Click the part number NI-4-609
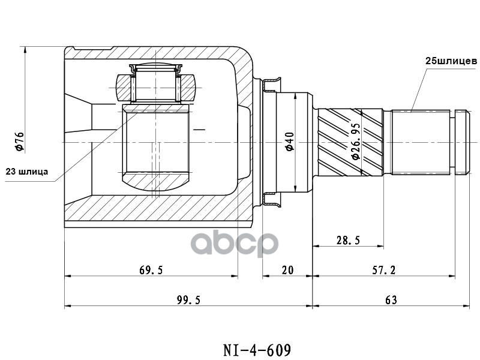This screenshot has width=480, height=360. [x=257, y=350]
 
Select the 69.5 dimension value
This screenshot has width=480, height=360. [x=151, y=270]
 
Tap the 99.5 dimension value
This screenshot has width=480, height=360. [x=188, y=300]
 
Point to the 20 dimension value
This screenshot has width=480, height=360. [x=287, y=270]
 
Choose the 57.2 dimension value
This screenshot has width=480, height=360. [x=384, y=270]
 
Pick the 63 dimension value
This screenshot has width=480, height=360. [x=391, y=300]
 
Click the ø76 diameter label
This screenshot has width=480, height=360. [x=19, y=141]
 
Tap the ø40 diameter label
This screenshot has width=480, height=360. [x=290, y=141]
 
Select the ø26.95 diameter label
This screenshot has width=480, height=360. [x=355, y=142]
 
